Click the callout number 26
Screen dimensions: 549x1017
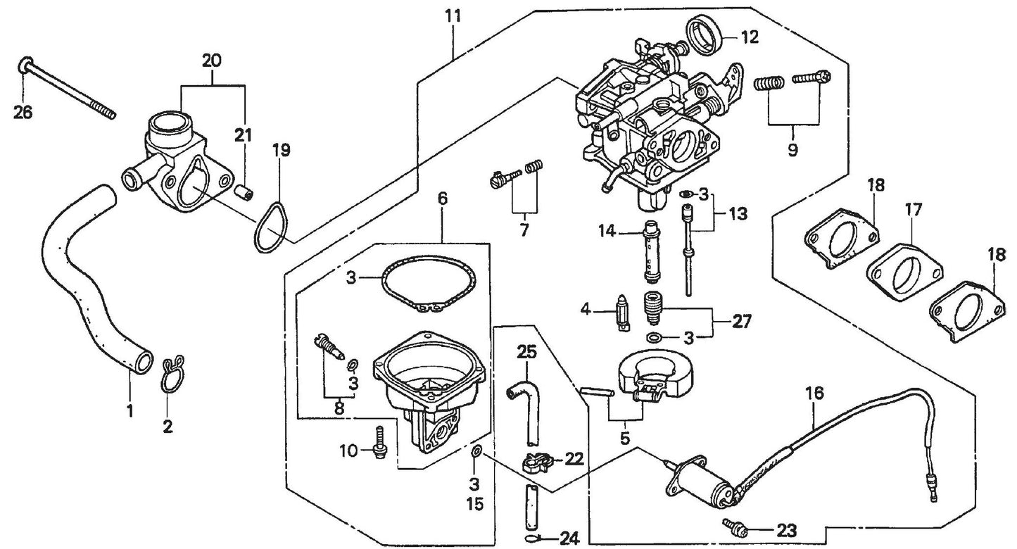[23, 112]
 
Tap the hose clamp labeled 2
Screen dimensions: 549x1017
[170, 377]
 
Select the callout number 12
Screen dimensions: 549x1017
[750, 37]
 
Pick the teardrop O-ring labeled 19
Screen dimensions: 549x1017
[271, 227]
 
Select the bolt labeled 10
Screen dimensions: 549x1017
[380, 442]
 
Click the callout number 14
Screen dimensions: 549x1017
[607, 230]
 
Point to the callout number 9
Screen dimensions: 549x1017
[792, 150]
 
